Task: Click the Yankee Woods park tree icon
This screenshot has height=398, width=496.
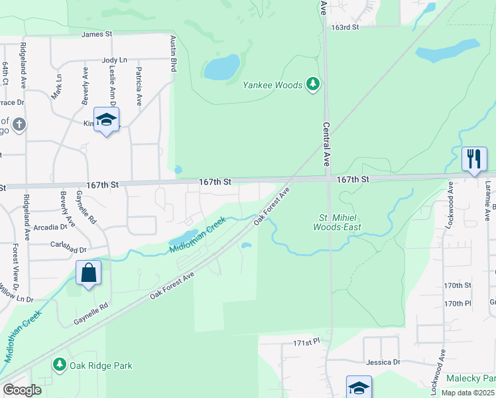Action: [x=314, y=84]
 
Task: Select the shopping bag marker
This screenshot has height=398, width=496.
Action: [x=88, y=273]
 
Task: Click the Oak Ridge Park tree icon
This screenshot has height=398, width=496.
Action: [x=59, y=365]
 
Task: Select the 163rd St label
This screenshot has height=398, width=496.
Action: [x=345, y=27]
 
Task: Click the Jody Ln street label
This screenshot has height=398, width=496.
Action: [x=114, y=60]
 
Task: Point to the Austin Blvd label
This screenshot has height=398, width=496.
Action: [x=174, y=54]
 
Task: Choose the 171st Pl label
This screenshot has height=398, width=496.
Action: [x=307, y=341]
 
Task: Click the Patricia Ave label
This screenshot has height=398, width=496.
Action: [x=139, y=86]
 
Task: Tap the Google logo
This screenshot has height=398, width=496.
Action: [x=22, y=390]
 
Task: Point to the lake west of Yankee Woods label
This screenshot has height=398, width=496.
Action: [x=222, y=67]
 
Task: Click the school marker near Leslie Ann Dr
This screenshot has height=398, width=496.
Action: [x=105, y=120]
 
